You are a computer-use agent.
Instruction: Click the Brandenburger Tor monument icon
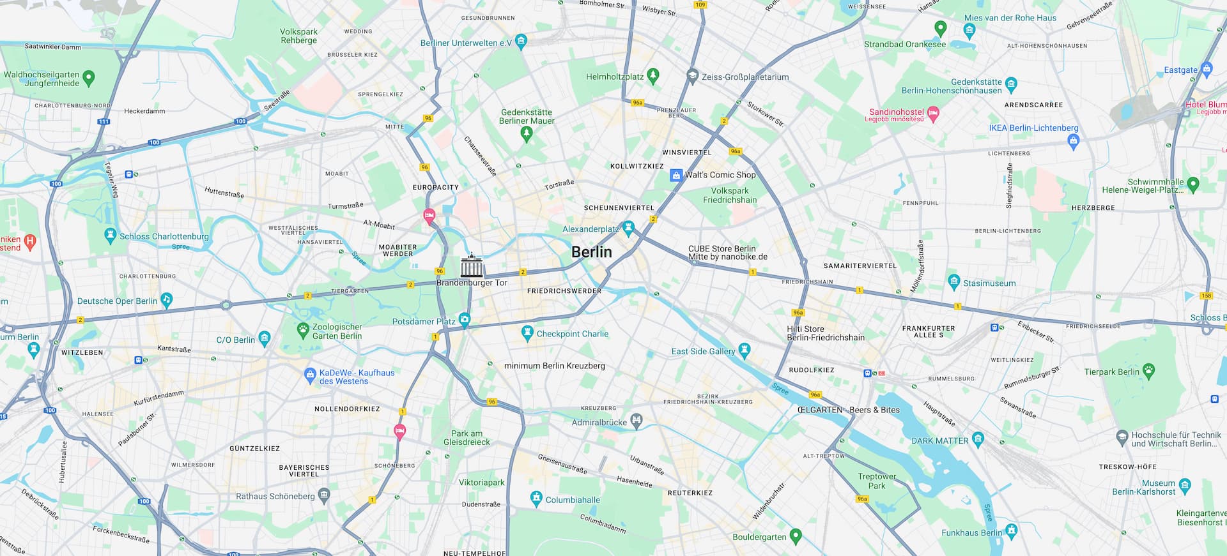pyautogui.click(x=472, y=266)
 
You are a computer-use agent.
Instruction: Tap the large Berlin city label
pyautogui.click(x=591, y=252)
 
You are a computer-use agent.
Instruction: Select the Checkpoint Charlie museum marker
pyautogui.click(x=527, y=333)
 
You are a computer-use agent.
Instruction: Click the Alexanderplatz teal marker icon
pyautogui.click(x=628, y=228)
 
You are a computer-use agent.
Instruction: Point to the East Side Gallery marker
pyautogui.click(x=744, y=350)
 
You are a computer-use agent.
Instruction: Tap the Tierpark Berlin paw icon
pyautogui.click(x=1149, y=371)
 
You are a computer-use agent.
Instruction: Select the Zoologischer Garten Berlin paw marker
pyautogui.click(x=303, y=330)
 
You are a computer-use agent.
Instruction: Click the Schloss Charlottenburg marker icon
pyautogui.click(x=110, y=236)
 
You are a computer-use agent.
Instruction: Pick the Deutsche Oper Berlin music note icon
pyautogui.click(x=167, y=299)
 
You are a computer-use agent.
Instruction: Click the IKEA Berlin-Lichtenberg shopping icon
pyautogui.click(x=1074, y=141)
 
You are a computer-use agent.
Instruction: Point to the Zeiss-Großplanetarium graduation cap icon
pyautogui.click(x=692, y=76)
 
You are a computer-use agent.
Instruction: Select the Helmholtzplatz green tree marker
pyautogui.click(x=653, y=75)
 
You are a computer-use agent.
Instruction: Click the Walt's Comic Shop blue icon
pyautogui.click(x=675, y=175)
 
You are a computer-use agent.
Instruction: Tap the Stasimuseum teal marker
pyautogui.click(x=954, y=282)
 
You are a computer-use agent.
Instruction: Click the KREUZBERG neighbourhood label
pyautogui.click(x=598, y=408)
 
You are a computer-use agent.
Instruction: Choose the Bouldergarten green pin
pyautogui.click(x=796, y=536)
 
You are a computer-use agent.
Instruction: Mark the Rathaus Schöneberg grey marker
pyautogui.click(x=324, y=495)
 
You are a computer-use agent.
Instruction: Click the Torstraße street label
pyautogui.click(x=559, y=184)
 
